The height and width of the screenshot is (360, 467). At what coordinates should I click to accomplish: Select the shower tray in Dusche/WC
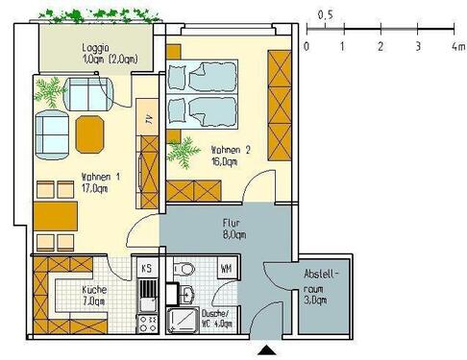click(182, 321)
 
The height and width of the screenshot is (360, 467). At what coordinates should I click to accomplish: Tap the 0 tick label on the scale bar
click(306, 45)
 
